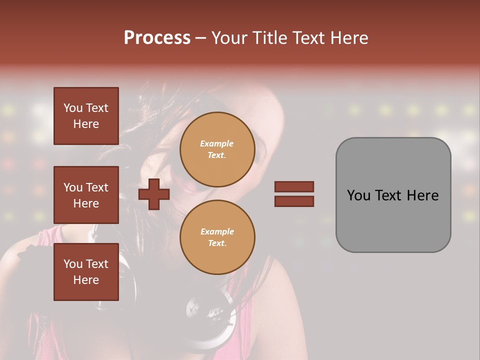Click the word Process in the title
tap(157, 38)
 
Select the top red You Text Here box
tap(86, 116)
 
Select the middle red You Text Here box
tap(86, 195)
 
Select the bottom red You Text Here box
tap(86, 272)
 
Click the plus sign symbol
tap(154, 194)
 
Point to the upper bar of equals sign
tap(294, 186)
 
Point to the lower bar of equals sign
tap(294, 201)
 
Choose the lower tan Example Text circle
tap(217, 237)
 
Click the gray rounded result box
tap(393, 195)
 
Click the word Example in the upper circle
tap(216, 144)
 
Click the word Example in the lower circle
tap(216, 232)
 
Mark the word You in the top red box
tap(72, 108)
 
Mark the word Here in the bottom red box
tap(86, 280)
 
